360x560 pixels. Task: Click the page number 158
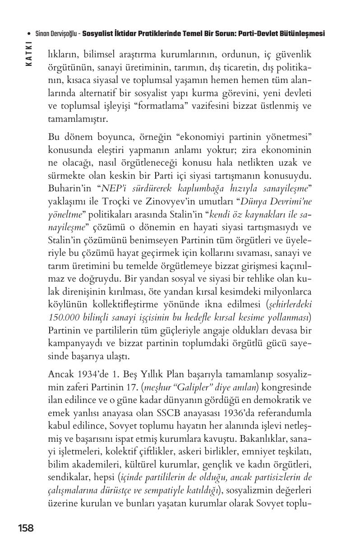pos(26,528)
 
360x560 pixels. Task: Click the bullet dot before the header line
pos(29,34)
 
